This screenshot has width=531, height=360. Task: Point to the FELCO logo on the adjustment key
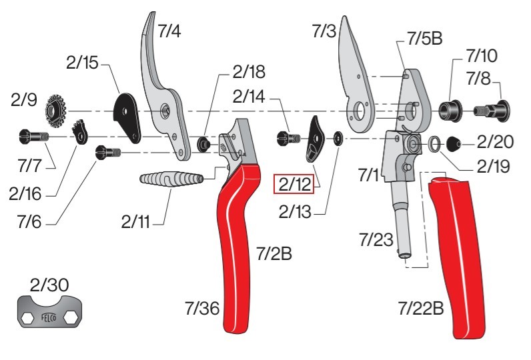[51, 317]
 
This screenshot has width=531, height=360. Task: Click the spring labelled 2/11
[170, 180]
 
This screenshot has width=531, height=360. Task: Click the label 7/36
[203, 308]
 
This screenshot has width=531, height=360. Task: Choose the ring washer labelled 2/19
[434, 142]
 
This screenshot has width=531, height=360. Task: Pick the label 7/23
[376, 239]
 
